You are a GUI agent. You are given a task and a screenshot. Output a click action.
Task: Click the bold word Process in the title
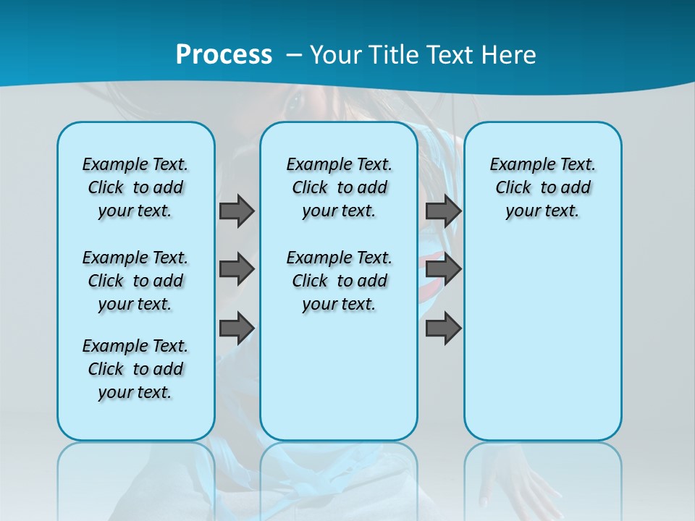(x=224, y=54)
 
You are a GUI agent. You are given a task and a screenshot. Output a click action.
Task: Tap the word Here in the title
(x=510, y=54)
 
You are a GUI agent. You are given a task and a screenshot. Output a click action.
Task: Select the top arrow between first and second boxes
(x=237, y=211)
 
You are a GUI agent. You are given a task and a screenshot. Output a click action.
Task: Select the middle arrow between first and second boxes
(x=237, y=269)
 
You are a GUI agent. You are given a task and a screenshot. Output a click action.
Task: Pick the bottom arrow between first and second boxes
(x=237, y=328)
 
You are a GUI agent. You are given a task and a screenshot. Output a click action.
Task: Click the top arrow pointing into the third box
(x=443, y=211)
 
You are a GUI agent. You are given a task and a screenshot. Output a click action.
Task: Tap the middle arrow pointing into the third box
(x=443, y=269)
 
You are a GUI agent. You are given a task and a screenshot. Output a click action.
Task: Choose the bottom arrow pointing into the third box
(x=443, y=328)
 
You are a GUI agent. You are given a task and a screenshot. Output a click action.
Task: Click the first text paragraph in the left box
(x=135, y=187)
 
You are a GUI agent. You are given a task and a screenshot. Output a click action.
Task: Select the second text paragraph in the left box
(x=135, y=281)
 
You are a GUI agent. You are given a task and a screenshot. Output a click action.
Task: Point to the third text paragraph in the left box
(x=135, y=369)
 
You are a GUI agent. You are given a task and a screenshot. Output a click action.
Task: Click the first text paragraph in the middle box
(x=340, y=187)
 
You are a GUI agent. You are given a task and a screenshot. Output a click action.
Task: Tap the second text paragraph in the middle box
(x=340, y=281)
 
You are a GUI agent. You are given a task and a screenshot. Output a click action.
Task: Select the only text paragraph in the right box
(x=543, y=187)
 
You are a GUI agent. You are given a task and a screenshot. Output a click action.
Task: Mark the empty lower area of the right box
(x=543, y=347)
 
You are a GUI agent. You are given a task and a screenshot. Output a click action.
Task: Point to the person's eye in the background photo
(x=295, y=102)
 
